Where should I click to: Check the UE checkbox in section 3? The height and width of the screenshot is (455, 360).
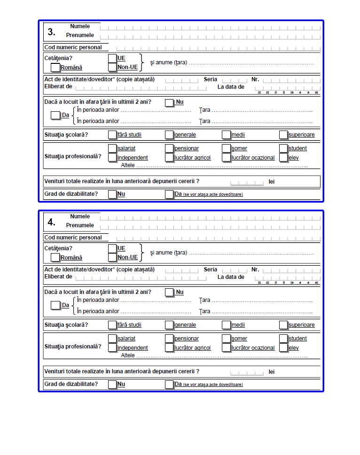tap(112, 58)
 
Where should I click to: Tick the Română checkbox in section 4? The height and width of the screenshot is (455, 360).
tap(55, 257)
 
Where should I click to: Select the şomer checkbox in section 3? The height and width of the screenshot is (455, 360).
tap(227, 148)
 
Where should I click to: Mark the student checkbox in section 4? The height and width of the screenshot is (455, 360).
tap(283, 338)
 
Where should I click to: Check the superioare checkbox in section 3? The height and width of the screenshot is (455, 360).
tap(283, 135)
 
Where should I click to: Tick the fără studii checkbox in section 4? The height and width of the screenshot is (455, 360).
tap(112, 325)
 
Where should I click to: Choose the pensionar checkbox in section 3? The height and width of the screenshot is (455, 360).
tap(169, 148)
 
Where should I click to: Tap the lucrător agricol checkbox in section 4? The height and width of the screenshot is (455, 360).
tap(169, 348)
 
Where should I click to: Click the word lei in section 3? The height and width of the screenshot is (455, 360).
tap(272, 182)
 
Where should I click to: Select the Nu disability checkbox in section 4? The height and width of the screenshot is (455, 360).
tap(112, 385)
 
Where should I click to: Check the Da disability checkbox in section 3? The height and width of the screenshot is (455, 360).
tap(169, 194)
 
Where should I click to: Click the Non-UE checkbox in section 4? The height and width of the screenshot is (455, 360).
tap(112, 257)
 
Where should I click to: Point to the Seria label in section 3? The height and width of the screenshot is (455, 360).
tap(211, 79)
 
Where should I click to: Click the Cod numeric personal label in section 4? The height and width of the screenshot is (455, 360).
tap(73, 238)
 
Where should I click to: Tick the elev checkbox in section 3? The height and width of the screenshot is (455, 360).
tap(283, 158)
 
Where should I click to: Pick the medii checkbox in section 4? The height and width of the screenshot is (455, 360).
tap(227, 325)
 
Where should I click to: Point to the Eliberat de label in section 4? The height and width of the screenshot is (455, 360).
tap(58, 277)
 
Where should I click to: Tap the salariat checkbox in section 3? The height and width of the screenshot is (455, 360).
tap(112, 148)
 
